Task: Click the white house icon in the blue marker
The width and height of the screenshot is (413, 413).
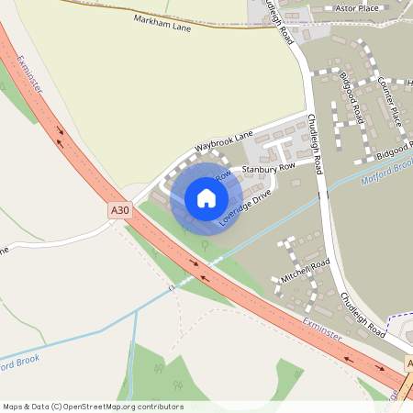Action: tap(206, 197)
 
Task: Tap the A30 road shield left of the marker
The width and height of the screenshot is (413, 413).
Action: tap(120, 210)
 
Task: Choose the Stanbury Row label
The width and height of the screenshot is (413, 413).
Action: tap(268, 168)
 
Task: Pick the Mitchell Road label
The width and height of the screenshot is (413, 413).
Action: tap(305, 270)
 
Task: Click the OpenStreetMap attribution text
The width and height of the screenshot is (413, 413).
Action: tap(93, 406)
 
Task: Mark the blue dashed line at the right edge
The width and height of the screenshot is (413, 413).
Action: tap(399, 318)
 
